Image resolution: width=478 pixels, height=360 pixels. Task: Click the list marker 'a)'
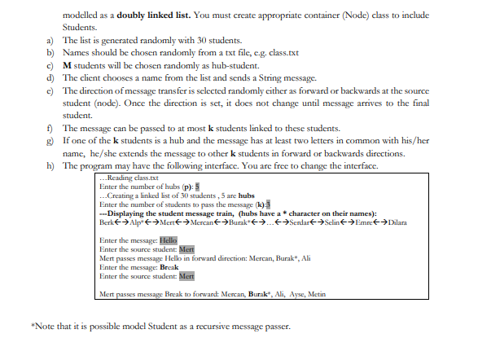pos(52,39)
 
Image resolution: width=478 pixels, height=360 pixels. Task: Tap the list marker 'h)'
pos(52,166)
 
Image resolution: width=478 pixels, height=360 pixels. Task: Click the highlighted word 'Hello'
pos(168,240)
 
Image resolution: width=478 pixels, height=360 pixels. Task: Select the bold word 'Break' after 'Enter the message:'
pos(169,266)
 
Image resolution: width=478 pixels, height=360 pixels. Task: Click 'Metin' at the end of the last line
pos(316,292)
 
